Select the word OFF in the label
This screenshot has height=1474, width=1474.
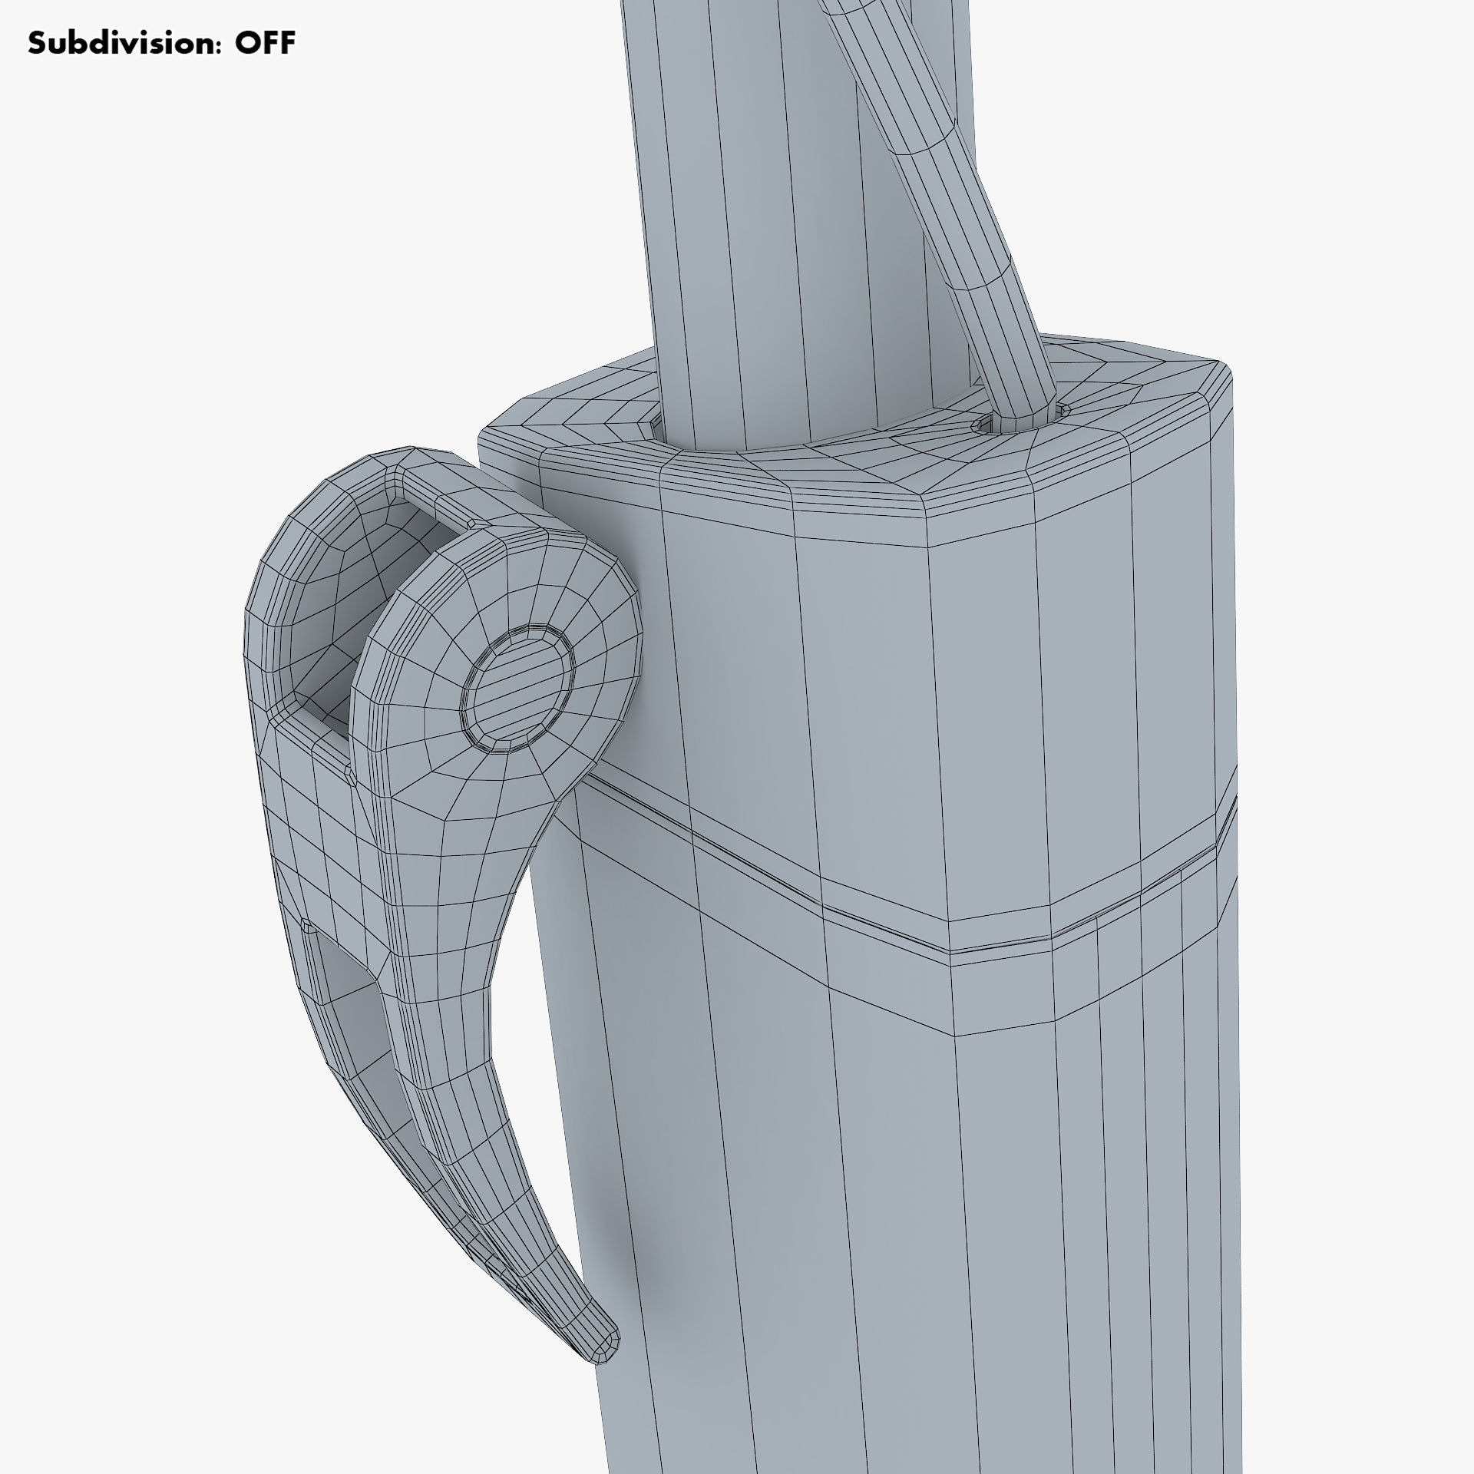point(265,44)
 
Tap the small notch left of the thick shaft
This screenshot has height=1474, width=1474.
point(655,423)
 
